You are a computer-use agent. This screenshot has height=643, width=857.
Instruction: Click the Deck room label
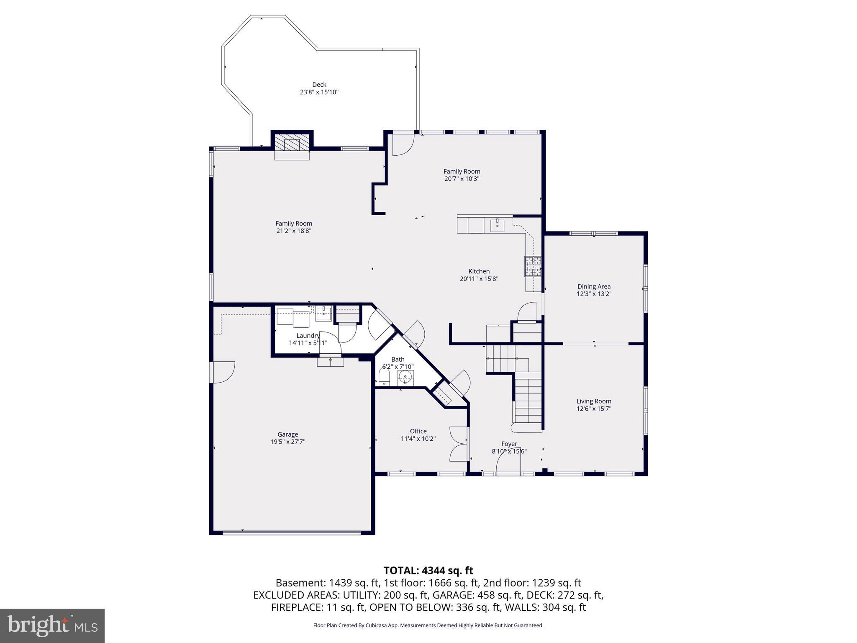coord(319,85)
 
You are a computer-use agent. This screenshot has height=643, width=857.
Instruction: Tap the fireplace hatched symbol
coord(293,144)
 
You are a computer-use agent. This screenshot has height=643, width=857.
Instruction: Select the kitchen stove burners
coord(533,266)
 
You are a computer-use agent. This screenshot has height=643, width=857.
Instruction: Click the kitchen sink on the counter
coord(497,225)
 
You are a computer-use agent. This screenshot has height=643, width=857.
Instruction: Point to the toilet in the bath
coord(384,378)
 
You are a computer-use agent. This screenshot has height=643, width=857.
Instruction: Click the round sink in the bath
coord(405,377)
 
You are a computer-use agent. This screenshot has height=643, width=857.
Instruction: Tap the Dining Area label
coord(594,287)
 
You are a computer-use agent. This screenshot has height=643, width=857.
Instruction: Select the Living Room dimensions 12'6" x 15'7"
coord(594,409)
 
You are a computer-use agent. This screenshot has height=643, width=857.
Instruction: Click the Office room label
coord(418,431)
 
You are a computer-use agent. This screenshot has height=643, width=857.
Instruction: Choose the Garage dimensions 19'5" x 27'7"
coord(287,442)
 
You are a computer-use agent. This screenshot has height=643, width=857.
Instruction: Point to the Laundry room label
coord(308,336)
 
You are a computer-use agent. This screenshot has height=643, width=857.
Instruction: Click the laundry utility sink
coord(323,313)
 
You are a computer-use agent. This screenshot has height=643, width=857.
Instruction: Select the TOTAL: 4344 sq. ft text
coord(428,571)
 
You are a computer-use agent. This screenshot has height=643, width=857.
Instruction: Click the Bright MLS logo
coord(52,626)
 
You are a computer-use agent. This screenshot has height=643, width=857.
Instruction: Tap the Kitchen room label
coord(479,271)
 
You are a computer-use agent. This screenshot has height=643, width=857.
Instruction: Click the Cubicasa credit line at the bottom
coord(428,625)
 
